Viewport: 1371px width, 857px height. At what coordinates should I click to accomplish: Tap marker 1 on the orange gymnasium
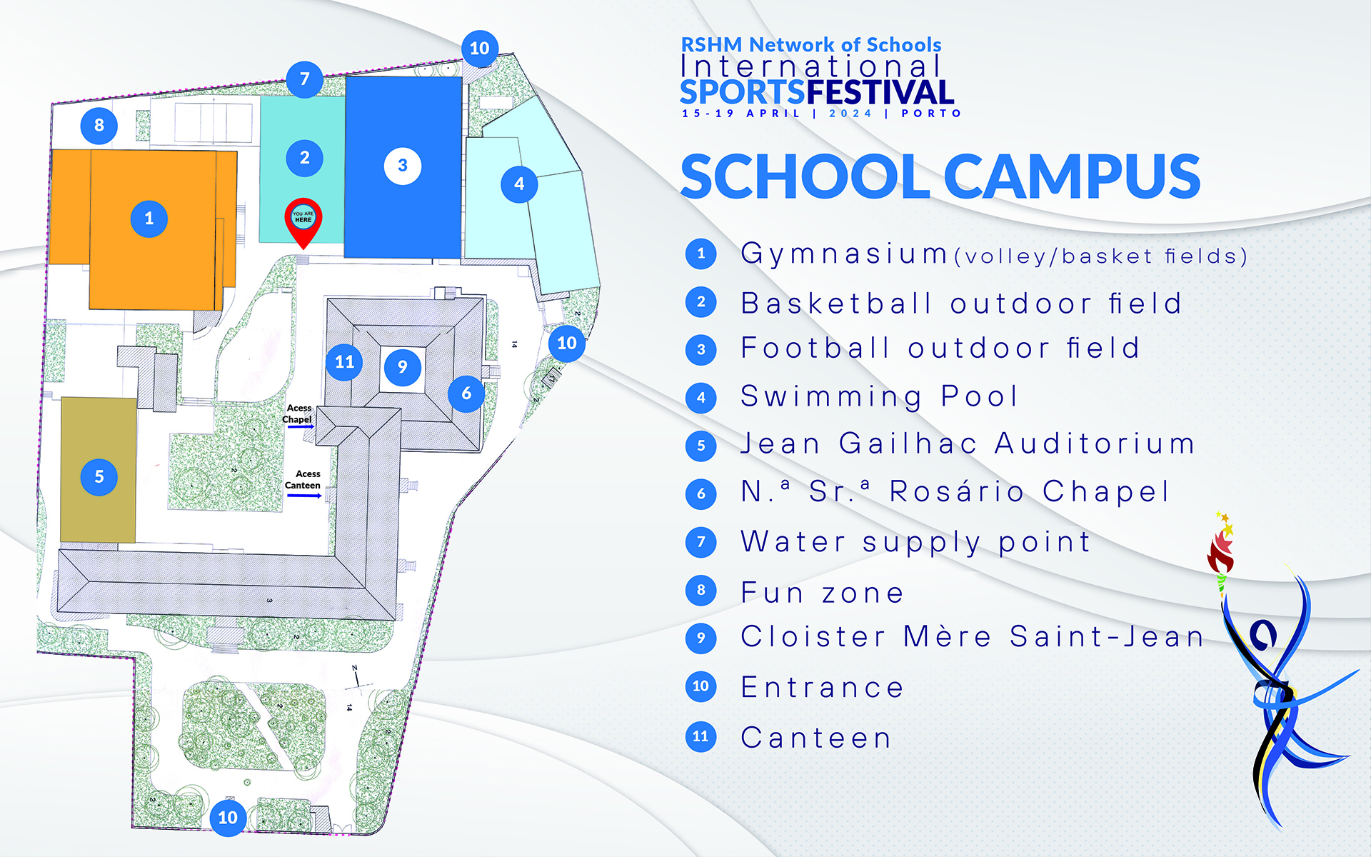[149, 219]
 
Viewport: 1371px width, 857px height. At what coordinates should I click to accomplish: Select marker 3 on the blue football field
[403, 166]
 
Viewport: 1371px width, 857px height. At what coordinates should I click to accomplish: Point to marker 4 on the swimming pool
[519, 184]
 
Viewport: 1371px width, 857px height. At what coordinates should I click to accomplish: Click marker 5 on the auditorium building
[99, 477]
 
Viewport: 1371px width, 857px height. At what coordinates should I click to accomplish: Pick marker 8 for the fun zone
[99, 126]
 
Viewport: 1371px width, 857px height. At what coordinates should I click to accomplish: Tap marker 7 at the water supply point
[305, 79]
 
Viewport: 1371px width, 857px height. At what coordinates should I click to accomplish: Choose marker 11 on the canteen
[344, 362]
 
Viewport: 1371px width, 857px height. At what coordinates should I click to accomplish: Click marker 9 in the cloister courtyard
[403, 367]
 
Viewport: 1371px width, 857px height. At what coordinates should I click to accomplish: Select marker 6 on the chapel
[466, 394]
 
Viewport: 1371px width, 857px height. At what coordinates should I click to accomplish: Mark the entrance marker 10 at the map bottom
[228, 818]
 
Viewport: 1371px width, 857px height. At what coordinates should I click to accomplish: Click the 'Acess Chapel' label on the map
[298, 414]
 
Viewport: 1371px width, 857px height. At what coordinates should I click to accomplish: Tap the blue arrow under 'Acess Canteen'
[304, 496]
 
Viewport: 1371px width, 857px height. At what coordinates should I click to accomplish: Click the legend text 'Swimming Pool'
[879, 397]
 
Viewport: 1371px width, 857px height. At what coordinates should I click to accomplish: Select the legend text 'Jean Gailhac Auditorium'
[968, 443]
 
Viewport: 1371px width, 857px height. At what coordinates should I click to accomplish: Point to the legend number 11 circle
[700, 736]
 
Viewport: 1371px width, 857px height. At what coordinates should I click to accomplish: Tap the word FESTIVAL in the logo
[880, 92]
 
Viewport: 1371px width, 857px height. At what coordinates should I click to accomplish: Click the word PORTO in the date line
[931, 114]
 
